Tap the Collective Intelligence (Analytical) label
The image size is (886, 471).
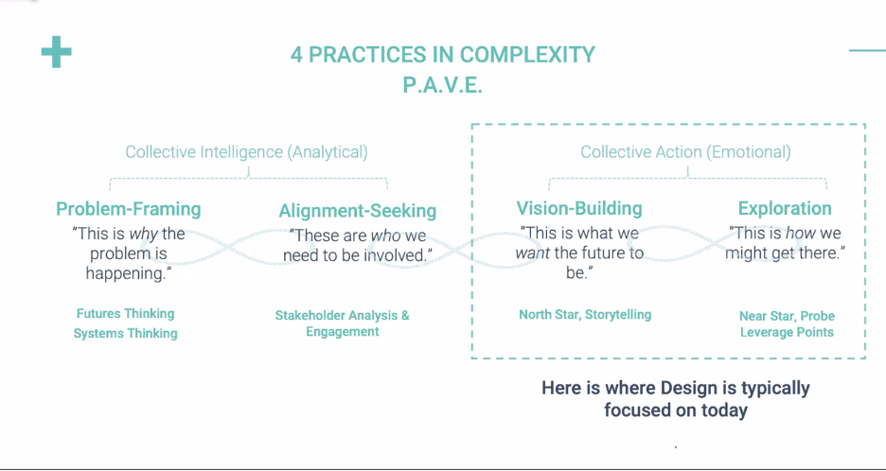click(x=246, y=151)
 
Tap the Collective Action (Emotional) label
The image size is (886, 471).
click(x=685, y=151)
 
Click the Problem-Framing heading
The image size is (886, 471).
click(x=129, y=209)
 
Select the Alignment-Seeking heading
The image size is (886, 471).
click(x=358, y=211)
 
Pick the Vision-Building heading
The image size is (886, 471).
click(x=579, y=208)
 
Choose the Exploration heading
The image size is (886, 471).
click(x=785, y=208)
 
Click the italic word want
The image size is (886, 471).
click(x=533, y=253)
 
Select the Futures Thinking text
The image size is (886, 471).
click(x=126, y=313)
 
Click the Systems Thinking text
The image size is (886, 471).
click(x=126, y=333)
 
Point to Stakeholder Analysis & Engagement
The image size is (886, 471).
click(x=343, y=323)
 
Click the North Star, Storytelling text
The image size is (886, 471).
click(x=585, y=314)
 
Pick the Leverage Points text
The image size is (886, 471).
click(x=787, y=332)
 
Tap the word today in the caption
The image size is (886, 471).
click(x=723, y=410)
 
